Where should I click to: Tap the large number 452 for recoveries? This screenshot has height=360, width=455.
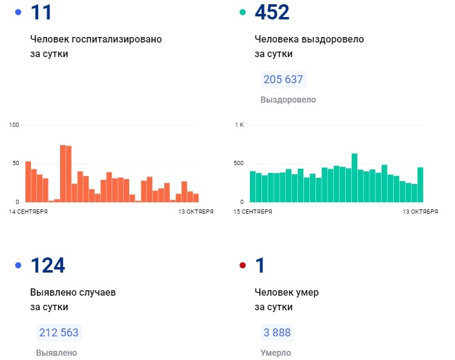[x=272, y=13]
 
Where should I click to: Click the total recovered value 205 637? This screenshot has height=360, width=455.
[x=283, y=80]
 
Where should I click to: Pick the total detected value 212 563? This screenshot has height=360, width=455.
[x=58, y=333]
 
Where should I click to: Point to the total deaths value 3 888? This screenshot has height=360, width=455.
[x=277, y=333]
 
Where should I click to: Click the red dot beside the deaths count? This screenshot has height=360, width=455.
[x=243, y=265]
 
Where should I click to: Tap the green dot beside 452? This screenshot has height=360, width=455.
[x=243, y=12]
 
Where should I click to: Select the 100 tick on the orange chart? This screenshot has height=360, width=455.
[x=15, y=125]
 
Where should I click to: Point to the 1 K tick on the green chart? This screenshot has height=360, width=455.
[x=239, y=125]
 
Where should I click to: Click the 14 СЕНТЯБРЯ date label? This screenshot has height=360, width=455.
[x=29, y=211]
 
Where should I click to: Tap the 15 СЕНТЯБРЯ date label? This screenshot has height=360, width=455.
[x=253, y=211]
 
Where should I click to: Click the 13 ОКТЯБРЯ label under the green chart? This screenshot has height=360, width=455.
[x=420, y=211]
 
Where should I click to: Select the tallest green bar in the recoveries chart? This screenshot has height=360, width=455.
[x=354, y=177]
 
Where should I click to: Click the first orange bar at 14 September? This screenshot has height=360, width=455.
[x=28, y=182]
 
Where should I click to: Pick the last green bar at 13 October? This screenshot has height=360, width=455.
[x=420, y=185]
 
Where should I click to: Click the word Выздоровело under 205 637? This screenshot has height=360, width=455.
[x=288, y=100]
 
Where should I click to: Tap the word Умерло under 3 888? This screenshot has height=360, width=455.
[x=275, y=353]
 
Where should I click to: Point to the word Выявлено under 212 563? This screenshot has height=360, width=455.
[x=56, y=353]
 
